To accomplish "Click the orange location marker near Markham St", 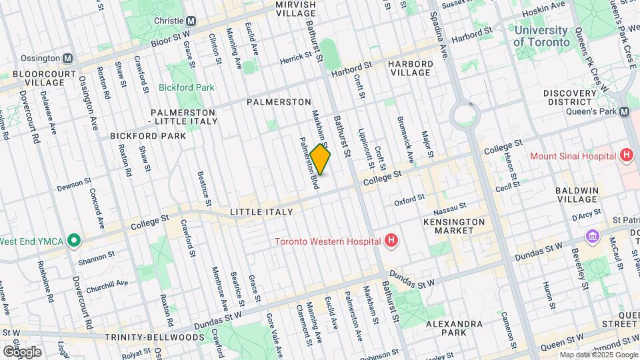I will (x=320, y=161).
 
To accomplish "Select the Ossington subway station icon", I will (x=67, y=58).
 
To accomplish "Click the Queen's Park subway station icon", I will (x=625, y=112).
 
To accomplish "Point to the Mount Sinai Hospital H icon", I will (x=625, y=156).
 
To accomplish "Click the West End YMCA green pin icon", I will (x=73, y=240).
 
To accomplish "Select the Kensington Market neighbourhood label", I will (x=454, y=225).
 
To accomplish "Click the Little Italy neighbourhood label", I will (x=261, y=212).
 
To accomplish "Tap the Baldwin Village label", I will (x=577, y=194).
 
